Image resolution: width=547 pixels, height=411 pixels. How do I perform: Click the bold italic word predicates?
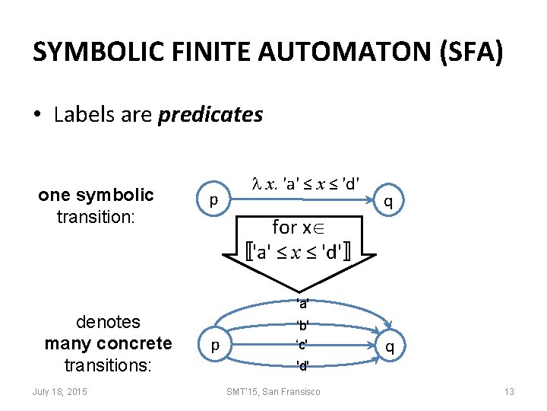point(210,115)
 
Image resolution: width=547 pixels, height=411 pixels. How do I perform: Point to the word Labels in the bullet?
point(82,115)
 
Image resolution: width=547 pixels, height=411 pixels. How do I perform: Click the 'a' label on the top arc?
point(302,303)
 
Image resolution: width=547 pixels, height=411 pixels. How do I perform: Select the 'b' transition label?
point(302,325)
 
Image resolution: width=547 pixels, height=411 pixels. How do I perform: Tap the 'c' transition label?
point(302,344)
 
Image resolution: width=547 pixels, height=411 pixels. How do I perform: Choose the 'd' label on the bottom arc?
point(302,365)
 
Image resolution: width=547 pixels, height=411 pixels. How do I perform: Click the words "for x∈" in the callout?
point(302,227)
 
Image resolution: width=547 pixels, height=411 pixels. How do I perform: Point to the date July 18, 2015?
point(60,391)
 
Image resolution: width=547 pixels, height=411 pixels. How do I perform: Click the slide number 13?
point(509,391)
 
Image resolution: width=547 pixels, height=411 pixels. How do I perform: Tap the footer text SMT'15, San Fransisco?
point(273,391)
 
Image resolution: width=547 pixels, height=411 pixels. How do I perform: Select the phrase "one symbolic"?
point(96,195)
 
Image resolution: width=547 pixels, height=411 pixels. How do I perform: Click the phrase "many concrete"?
point(109,343)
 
